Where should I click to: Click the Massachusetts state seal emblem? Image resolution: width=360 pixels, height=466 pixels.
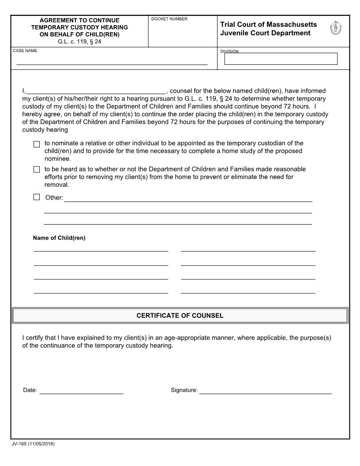pyautogui.click(x=336, y=29)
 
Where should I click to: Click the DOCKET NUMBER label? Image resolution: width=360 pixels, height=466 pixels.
pyautogui.click(x=169, y=19)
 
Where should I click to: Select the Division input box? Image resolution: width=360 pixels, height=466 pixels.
pyautogui.click(x=281, y=59)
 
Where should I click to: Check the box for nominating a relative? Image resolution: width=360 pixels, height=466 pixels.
pyautogui.click(x=37, y=144)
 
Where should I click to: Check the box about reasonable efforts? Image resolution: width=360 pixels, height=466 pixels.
pyautogui.click(x=37, y=169)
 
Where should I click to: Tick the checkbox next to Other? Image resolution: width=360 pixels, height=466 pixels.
pyautogui.click(x=37, y=197)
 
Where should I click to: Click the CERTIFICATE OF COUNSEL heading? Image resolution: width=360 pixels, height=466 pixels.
pyautogui.click(x=180, y=316)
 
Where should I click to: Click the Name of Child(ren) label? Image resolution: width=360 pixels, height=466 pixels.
pyautogui.click(x=59, y=238)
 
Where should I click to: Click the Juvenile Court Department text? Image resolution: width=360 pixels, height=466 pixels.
pyautogui.click(x=265, y=33)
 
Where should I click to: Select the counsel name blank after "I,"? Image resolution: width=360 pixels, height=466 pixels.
pyautogui.click(x=96, y=91)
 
